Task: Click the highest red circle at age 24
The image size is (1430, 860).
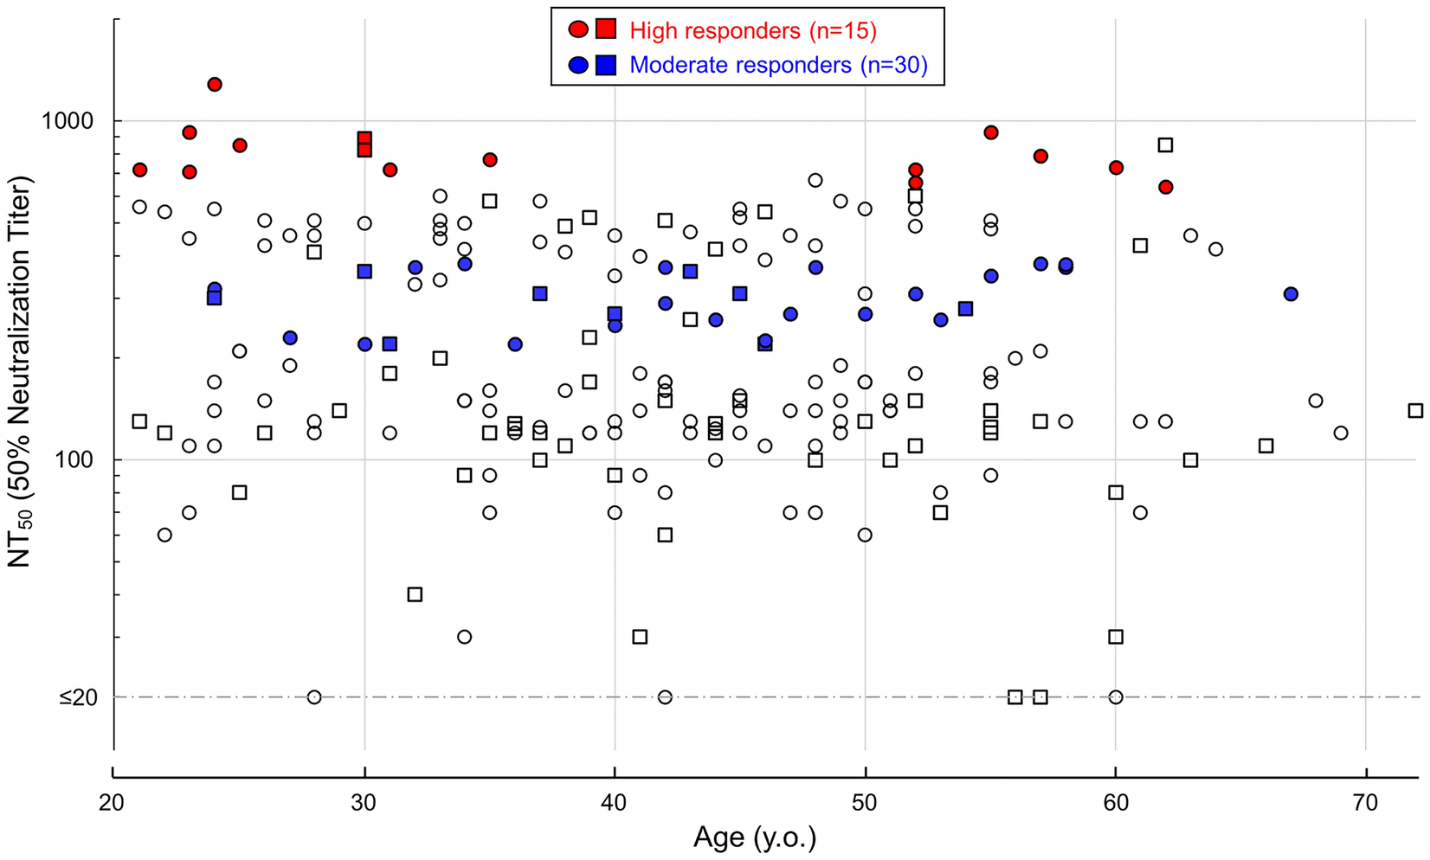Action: tap(215, 84)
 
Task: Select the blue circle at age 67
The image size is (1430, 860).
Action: tap(1291, 294)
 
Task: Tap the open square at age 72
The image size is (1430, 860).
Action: tap(1415, 411)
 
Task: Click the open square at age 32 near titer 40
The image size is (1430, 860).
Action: tap(415, 594)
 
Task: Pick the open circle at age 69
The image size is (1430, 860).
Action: tap(1341, 433)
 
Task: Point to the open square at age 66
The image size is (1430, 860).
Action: tap(1266, 446)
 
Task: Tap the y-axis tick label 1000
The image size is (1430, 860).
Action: tap(68, 121)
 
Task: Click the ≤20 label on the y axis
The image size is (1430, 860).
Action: tap(78, 697)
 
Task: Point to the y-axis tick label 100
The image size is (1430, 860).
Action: tap(75, 460)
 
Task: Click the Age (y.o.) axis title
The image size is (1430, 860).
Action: tap(754, 838)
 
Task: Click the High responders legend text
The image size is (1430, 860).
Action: tap(753, 31)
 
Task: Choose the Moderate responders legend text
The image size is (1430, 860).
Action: tap(778, 65)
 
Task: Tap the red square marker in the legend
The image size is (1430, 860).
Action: tap(606, 29)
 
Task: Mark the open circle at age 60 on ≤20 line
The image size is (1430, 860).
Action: tap(1116, 697)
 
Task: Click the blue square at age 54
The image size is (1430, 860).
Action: tap(966, 309)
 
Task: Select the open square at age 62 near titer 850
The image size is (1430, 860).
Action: tap(1166, 144)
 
